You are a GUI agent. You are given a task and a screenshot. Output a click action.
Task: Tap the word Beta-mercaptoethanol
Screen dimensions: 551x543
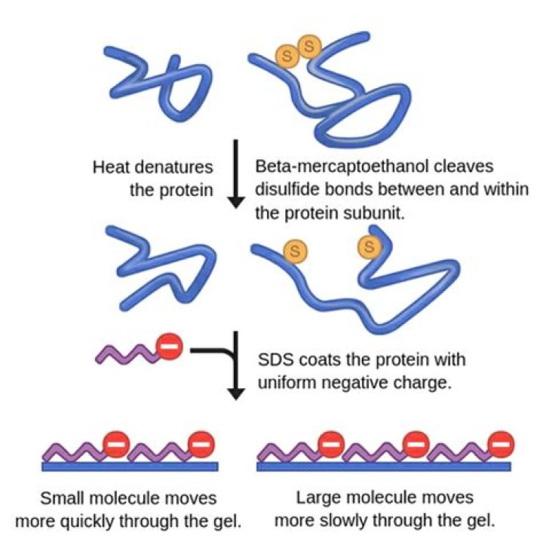pos(339,166)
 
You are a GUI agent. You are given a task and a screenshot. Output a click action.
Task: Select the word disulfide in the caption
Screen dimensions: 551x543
pos(287,188)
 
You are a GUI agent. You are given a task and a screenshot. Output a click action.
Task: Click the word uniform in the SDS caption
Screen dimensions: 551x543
pos(285,381)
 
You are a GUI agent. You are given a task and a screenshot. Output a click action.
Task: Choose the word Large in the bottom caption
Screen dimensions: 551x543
pos(318,498)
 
